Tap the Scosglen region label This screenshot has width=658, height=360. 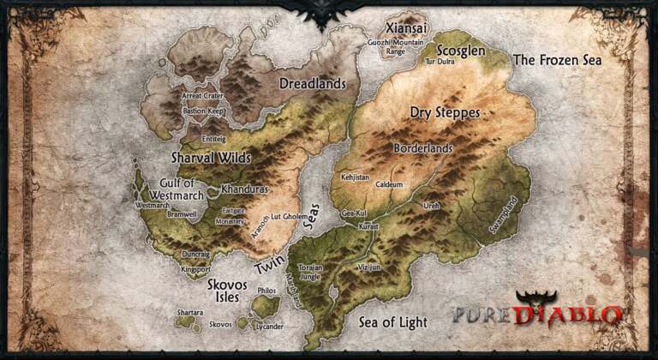click(462, 50)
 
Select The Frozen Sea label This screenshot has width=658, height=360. click(557, 60)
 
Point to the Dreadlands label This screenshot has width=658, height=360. click(314, 84)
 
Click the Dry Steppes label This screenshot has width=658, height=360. click(445, 112)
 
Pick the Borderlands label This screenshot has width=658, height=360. click(422, 147)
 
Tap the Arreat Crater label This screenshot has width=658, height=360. click(203, 96)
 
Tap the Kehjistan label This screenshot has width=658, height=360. click(355, 177)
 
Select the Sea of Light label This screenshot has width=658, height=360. click(392, 321)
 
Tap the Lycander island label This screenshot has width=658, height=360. click(270, 327)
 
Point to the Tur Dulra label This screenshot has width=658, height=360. click(440, 62)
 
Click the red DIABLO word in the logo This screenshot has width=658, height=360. click(568, 315)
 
